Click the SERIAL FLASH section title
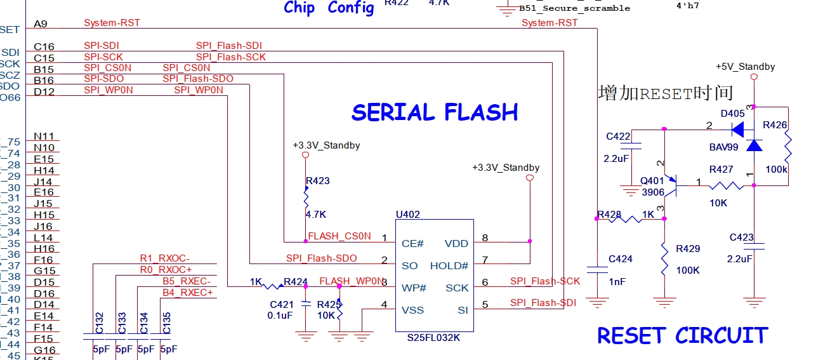click(435, 112)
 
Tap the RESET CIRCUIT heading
click(682, 335)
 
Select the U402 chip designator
click(407, 215)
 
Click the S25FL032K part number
click(433, 338)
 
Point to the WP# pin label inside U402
click(414, 288)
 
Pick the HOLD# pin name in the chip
click(449, 266)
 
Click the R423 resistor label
click(317, 181)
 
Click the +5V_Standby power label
click(745, 67)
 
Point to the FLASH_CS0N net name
click(339, 236)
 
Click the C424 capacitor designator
click(621, 259)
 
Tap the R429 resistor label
click(688, 249)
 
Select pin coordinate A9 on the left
click(41, 24)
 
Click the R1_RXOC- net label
click(165, 258)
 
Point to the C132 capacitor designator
click(100, 323)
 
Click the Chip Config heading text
click(329, 8)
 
